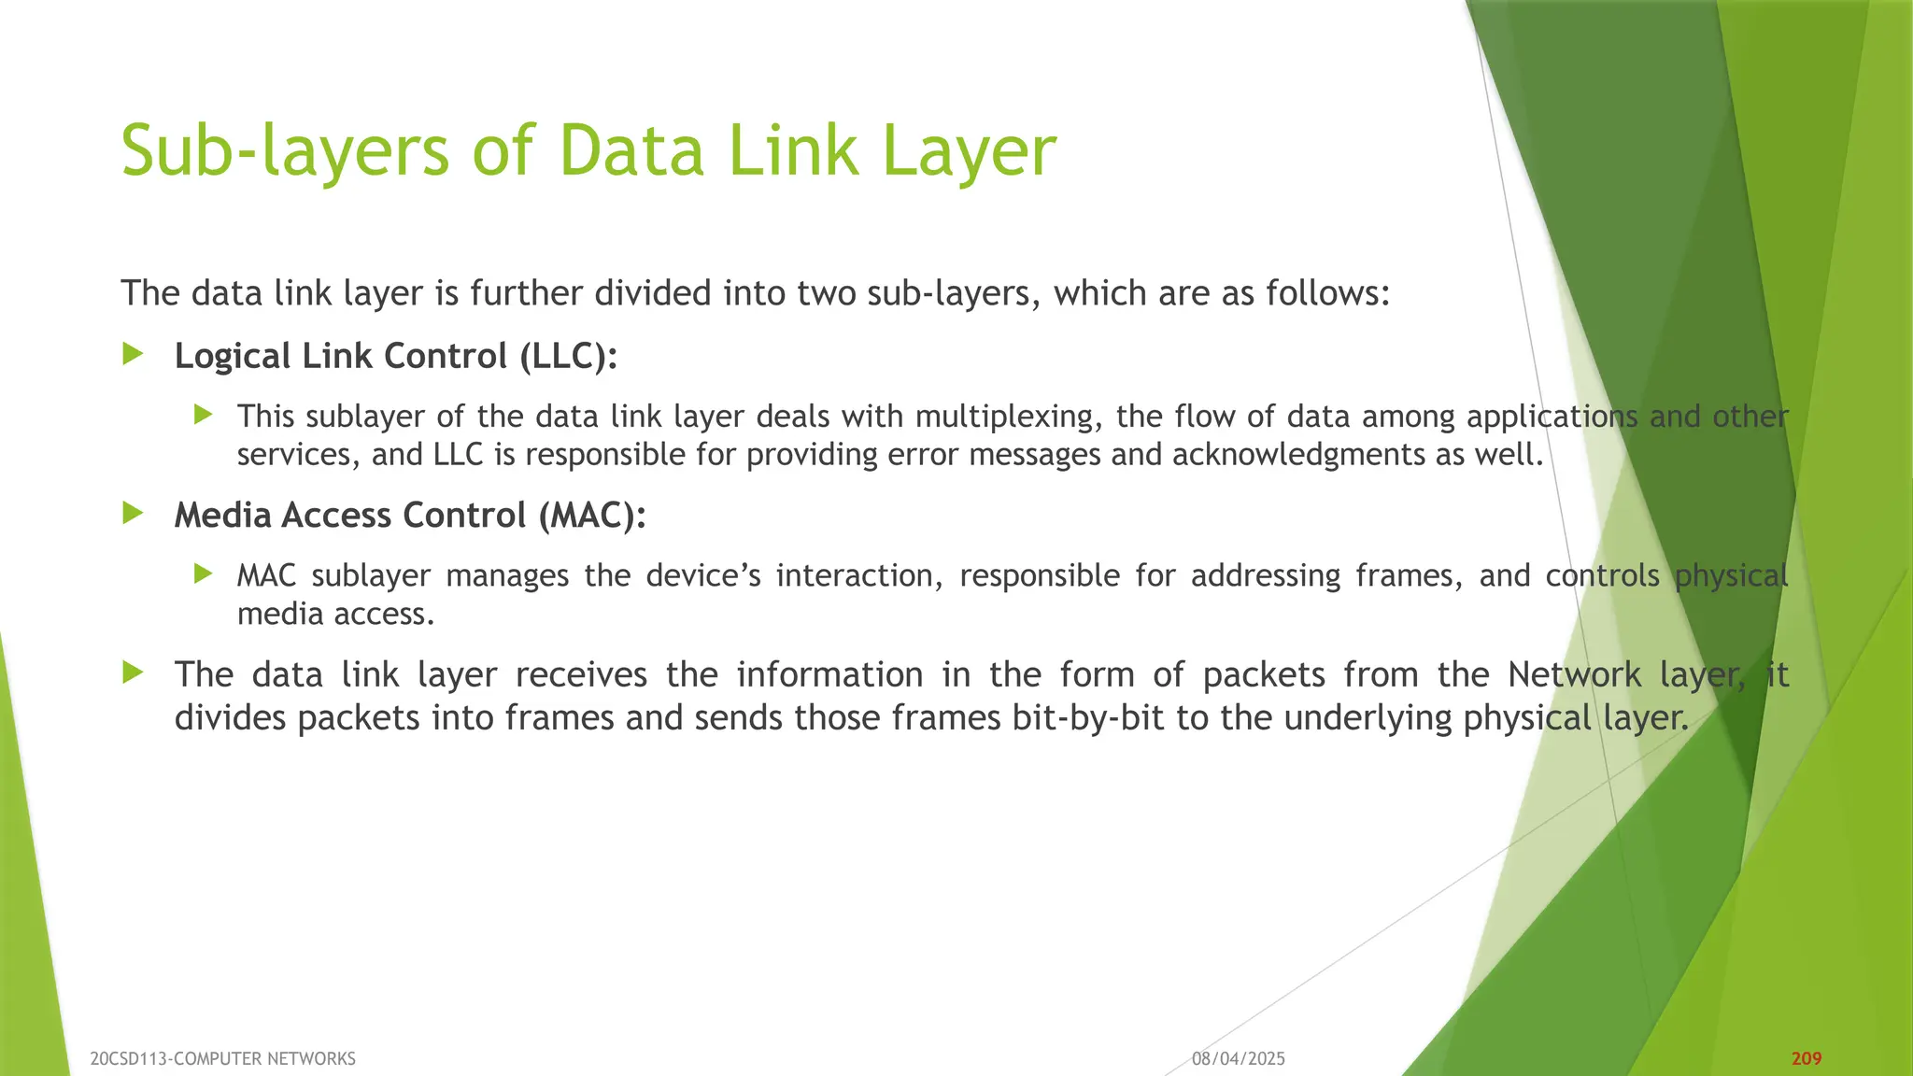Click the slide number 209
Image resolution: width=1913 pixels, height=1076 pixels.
coord(1807,1058)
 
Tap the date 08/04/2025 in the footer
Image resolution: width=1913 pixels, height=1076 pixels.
coord(1239,1058)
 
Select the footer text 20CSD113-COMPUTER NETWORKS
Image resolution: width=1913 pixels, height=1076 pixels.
coord(223,1058)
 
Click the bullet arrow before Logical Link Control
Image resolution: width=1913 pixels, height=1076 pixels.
coord(134,354)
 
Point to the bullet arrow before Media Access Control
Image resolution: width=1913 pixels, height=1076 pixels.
coord(134,513)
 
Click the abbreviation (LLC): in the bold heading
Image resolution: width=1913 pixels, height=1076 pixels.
coord(569,356)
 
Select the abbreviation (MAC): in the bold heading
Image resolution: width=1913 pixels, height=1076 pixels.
coord(592,515)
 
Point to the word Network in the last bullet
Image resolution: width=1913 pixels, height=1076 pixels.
coord(1574,674)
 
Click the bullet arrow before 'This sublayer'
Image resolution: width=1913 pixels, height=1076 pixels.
coord(204,415)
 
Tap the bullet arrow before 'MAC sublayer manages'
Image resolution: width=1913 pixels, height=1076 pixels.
coord(204,573)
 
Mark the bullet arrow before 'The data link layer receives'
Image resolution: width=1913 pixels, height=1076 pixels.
coord(134,672)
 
